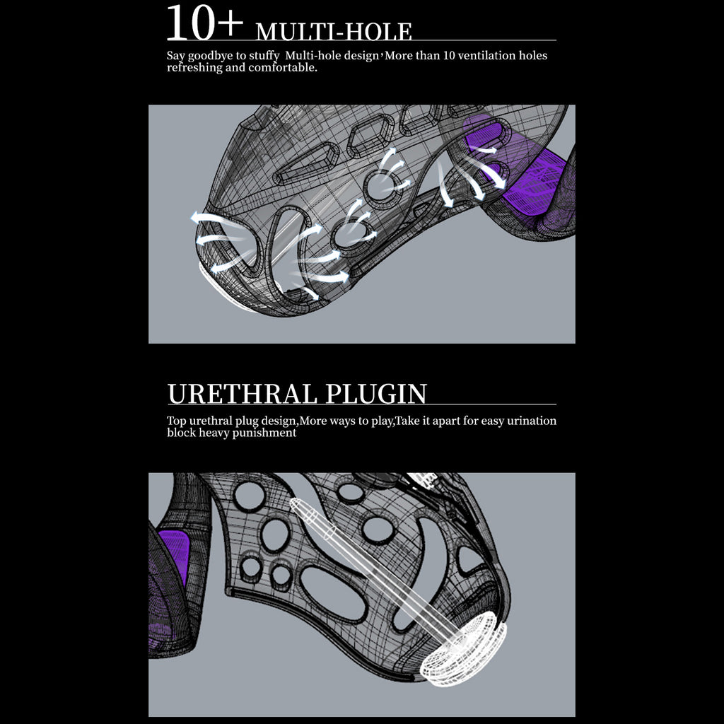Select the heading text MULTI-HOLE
click(x=334, y=32)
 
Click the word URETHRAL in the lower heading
click(x=241, y=394)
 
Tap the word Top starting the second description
click(x=177, y=421)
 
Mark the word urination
click(x=530, y=421)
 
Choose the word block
click(x=181, y=433)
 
